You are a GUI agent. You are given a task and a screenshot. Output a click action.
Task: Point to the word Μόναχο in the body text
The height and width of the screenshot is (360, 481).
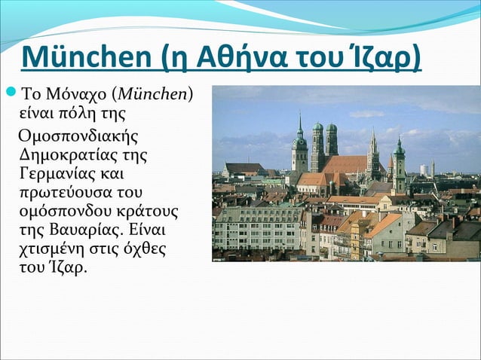75,96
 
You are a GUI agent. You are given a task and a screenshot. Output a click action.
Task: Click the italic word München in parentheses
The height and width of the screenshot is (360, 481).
159,96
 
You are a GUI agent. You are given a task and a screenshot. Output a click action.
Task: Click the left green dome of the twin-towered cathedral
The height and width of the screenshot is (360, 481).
317,128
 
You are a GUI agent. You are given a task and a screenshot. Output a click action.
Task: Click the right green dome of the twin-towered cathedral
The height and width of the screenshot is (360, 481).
331,129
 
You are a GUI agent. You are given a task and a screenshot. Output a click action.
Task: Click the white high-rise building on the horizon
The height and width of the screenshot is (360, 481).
424,170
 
